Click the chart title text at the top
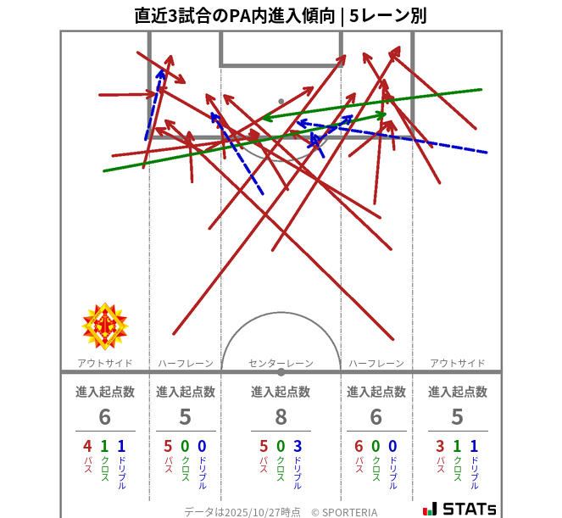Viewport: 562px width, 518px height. point(281,14)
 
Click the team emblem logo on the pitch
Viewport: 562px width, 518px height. point(104,326)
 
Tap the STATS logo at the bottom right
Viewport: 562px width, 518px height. point(459,508)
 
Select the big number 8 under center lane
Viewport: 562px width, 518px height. point(281,417)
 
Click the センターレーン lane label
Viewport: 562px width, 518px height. point(281,363)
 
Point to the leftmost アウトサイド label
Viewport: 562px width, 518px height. point(105,363)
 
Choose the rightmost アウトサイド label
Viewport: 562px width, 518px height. point(457,363)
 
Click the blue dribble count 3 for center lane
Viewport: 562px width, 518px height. point(298,447)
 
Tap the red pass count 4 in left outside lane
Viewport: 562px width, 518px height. point(87,447)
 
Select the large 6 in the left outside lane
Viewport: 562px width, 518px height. point(105,417)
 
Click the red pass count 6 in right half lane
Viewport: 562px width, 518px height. point(359,447)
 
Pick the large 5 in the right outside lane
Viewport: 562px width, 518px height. point(457,417)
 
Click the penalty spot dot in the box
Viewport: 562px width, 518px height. point(281,102)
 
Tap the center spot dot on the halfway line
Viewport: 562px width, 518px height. point(281,371)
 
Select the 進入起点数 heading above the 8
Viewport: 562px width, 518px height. point(281,392)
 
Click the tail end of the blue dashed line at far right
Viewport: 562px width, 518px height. point(487,153)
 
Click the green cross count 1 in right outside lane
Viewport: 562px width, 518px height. point(457,447)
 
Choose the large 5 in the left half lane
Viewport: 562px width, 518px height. point(185,417)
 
